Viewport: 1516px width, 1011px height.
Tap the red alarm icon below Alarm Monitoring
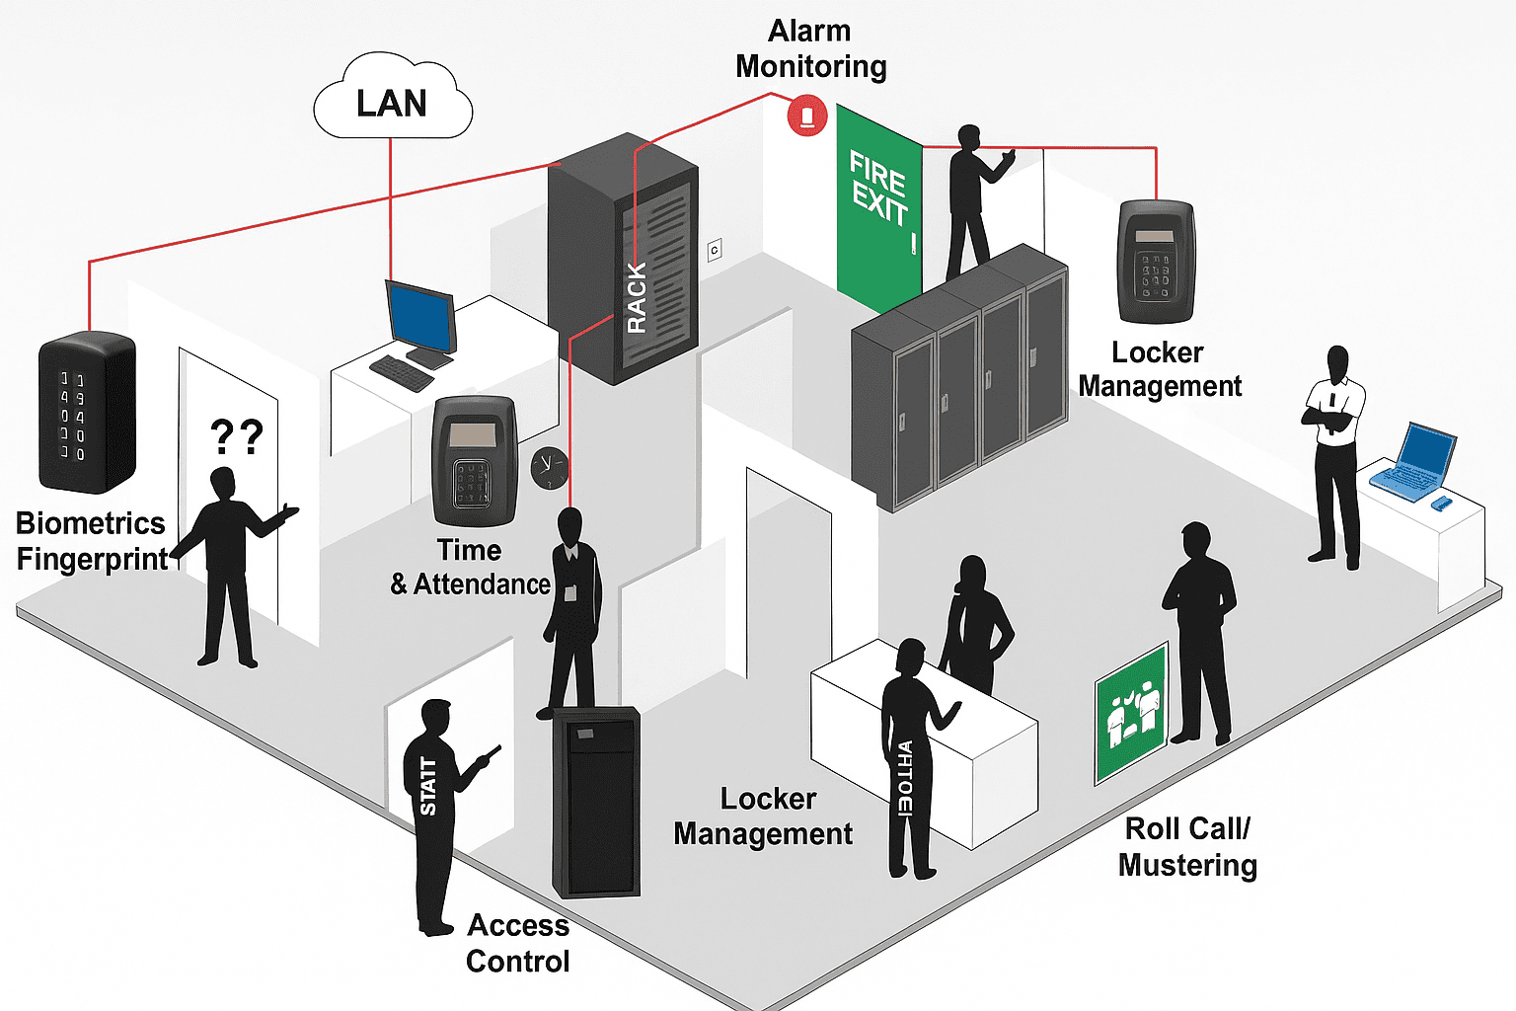806,117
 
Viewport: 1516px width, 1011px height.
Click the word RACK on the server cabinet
637,297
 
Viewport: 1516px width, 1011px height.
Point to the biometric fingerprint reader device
86,412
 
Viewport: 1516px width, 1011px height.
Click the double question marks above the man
237,435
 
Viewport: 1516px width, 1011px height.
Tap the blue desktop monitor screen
420,315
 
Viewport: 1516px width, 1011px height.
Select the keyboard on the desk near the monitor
401,372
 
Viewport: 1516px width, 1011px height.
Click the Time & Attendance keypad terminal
475,461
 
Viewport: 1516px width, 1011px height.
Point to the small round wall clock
549,466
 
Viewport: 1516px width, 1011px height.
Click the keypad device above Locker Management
1156,262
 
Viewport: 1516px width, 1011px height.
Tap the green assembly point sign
1131,713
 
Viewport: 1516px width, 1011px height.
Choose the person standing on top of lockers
972,202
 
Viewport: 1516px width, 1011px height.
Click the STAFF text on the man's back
428,786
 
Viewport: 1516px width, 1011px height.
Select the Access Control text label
518,943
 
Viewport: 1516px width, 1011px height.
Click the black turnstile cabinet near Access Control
596,801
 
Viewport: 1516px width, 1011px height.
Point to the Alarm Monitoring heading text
810,48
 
